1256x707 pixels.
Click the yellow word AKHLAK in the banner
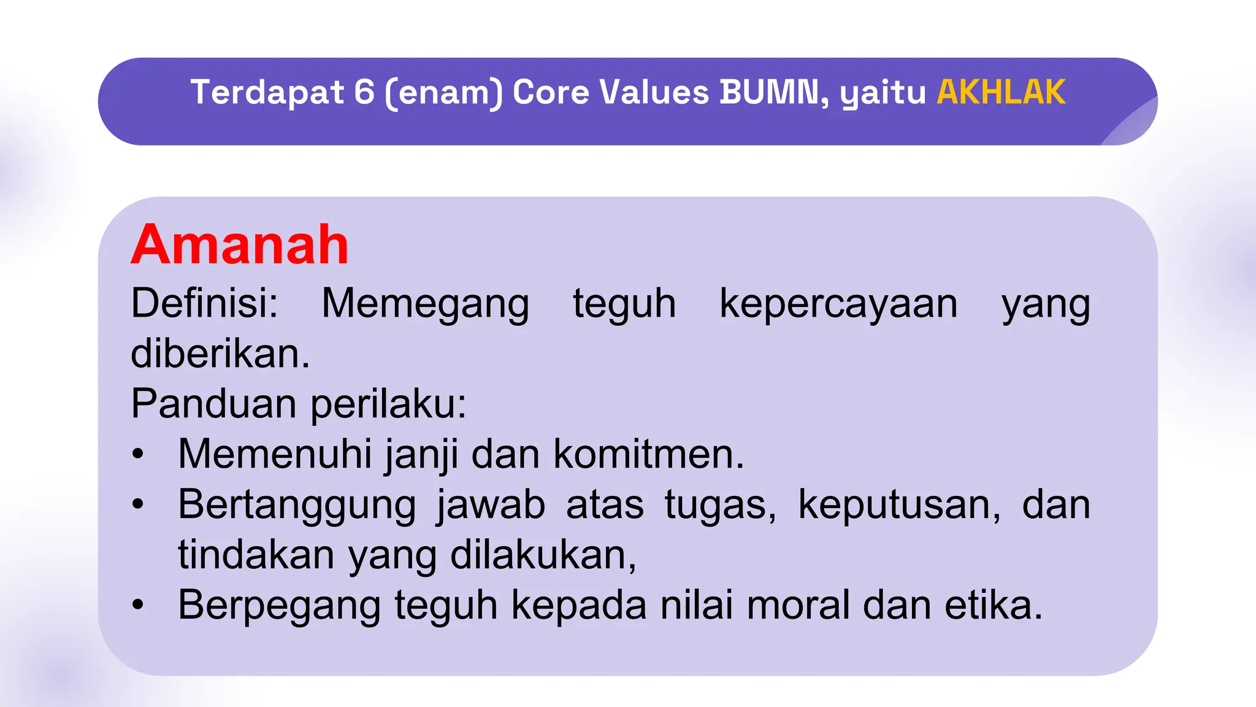pyautogui.click(x=1001, y=93)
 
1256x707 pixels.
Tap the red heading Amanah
pyautogui.click(x=240, y=245)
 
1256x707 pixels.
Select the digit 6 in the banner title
pyautogui.click(x=364, y=93)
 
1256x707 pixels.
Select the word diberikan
pyautogui.click(x=220, y=354)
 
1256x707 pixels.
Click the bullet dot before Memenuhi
pyautogui.click(x=138, y=455)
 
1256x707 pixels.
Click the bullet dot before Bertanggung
pyautogui.click(x=138, y=505)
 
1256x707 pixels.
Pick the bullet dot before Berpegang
pyautogui.click(x=138, y=606)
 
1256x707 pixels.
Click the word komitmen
pyautogui.click(x=649, y=455)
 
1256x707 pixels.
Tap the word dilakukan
pyautogui.click(x=543, y=555)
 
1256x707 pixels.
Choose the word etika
pyautogui.click(x=993, y=606)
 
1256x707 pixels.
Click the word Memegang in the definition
pyautogui.click(x=425, y=304)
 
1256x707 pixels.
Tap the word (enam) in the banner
pyautogui.click(x=443, y=93)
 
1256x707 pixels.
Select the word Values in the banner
pyautogui.click(x=654, y=93)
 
